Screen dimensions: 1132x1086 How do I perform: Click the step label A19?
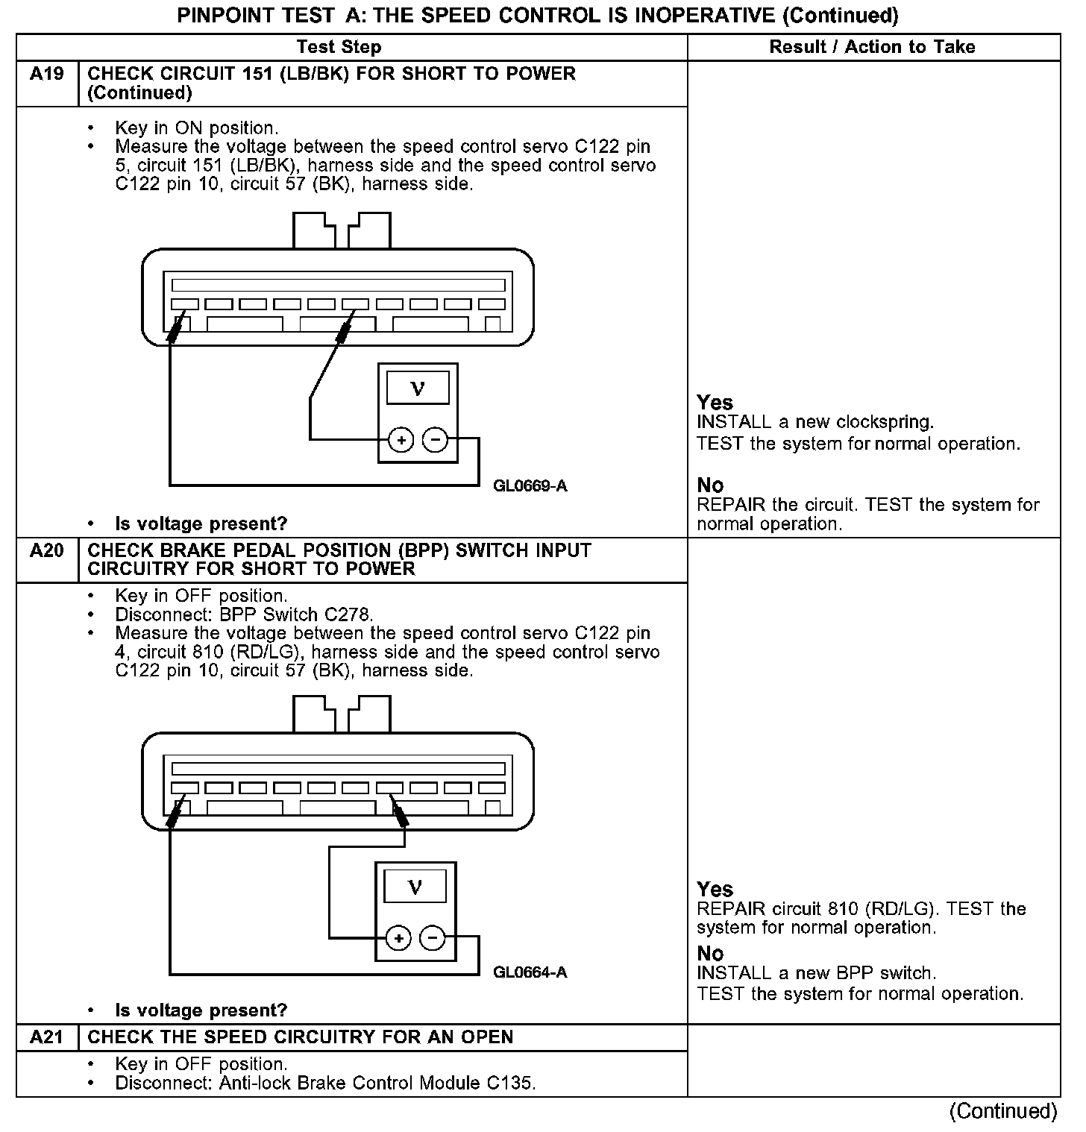click(46, 74)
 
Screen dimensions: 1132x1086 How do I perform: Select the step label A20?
click(46, 551)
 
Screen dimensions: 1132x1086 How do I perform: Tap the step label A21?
click(46, 1037)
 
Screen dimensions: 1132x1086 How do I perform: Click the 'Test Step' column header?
click(339, 47)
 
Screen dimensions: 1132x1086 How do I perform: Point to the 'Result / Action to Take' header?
click(872, 47)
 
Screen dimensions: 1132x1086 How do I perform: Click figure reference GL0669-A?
click(530, 486)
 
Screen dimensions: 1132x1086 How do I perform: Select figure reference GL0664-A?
click(530, 972)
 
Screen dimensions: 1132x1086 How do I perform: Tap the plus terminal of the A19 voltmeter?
click(401, 441)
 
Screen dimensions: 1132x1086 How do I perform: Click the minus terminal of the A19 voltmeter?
click(435, 441)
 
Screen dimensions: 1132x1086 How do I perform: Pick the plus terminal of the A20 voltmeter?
click(398, 938)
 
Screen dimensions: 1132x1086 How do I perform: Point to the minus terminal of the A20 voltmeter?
click(433, 938)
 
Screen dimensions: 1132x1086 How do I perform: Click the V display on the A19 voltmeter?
click(418, 389)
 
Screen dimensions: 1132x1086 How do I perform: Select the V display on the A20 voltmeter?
click(415, 887)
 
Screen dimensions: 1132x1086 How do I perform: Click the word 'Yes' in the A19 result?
click(715, 403)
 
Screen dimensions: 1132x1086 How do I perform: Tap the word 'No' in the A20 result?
click(710, 954)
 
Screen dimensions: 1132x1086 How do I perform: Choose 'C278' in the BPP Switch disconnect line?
click(348, 615)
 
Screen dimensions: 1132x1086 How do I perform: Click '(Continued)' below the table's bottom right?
click(1002, 1111)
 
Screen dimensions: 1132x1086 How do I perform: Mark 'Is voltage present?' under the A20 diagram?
click(201, 1010)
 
